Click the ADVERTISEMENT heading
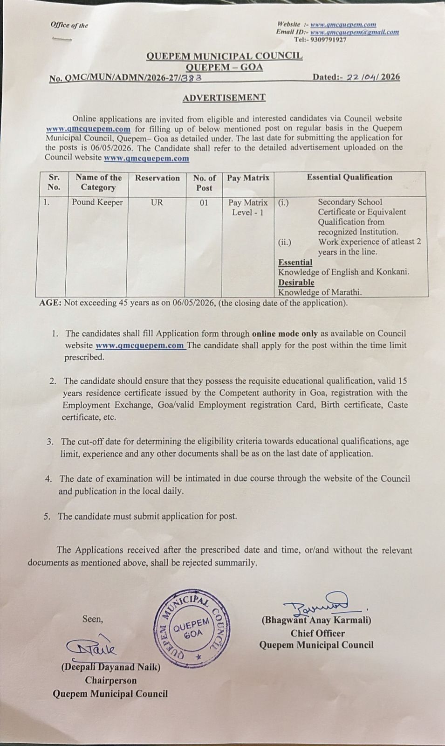pyautogui.click(x=224, y=97)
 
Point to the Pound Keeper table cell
pyautogui.click(x=97, y=202)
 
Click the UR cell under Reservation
pyautogui.click(x=157, y=203)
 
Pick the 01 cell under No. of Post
pyautogui.click(x=204, y=203)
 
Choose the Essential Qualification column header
pyautogui.click(x=349, y=177)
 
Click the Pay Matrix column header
pyautogui.click(x=248, y=178)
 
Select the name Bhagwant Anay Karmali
pyautogui.click(x=316, y=621)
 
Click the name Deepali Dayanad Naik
pyautogui.click(x=111, y=667)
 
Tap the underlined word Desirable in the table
pyautogui.click(x=296, y=283)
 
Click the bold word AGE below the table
pyautogui.click(x=50, y=303)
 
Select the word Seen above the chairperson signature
pyautogui.click(x=92, y=619)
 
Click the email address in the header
pyautogui.click(x=354, y=32)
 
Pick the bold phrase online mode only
pyautogui.click(x=285, y=334)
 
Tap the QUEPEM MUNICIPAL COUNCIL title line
pyautogui.click(x=224, y=56)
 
